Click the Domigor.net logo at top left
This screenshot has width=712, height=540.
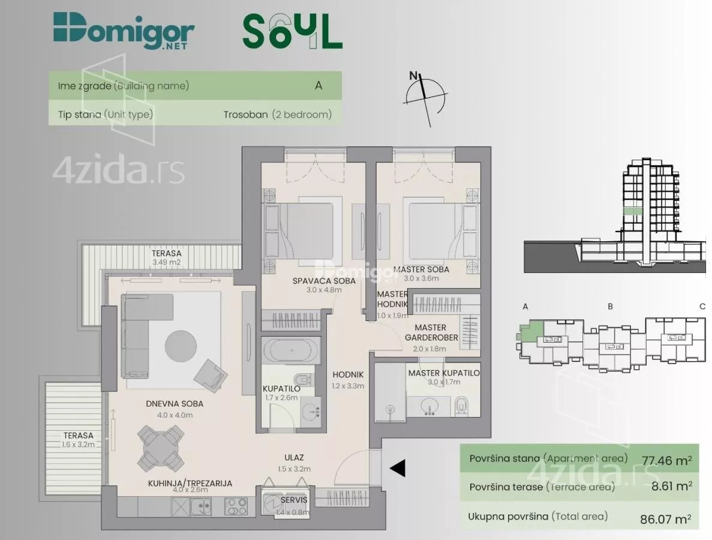coord(124,31)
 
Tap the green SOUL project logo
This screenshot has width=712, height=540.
coord(293,31)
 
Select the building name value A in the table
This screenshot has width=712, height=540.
coord(319,85)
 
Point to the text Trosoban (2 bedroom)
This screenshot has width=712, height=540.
coord(278,115)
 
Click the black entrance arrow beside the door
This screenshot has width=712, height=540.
coord(397,468)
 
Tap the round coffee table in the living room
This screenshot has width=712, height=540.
coord(181,346)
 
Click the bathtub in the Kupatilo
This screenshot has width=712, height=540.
coord(292,350)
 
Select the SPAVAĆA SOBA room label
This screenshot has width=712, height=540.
coord(324,281)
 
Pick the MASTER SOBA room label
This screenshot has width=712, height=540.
coord(422,269)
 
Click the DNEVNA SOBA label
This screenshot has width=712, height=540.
coord(175,404)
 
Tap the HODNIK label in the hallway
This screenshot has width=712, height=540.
coord(348,374)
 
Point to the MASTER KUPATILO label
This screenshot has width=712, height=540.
coord(444,373)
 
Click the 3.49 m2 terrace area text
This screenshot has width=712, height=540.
coord(166,262)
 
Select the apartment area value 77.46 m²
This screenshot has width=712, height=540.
coord(666,460)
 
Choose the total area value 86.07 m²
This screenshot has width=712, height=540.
coord(666,518)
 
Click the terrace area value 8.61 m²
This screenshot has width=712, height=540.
coord(672,486)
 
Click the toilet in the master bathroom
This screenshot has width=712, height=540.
coord(461,404)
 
